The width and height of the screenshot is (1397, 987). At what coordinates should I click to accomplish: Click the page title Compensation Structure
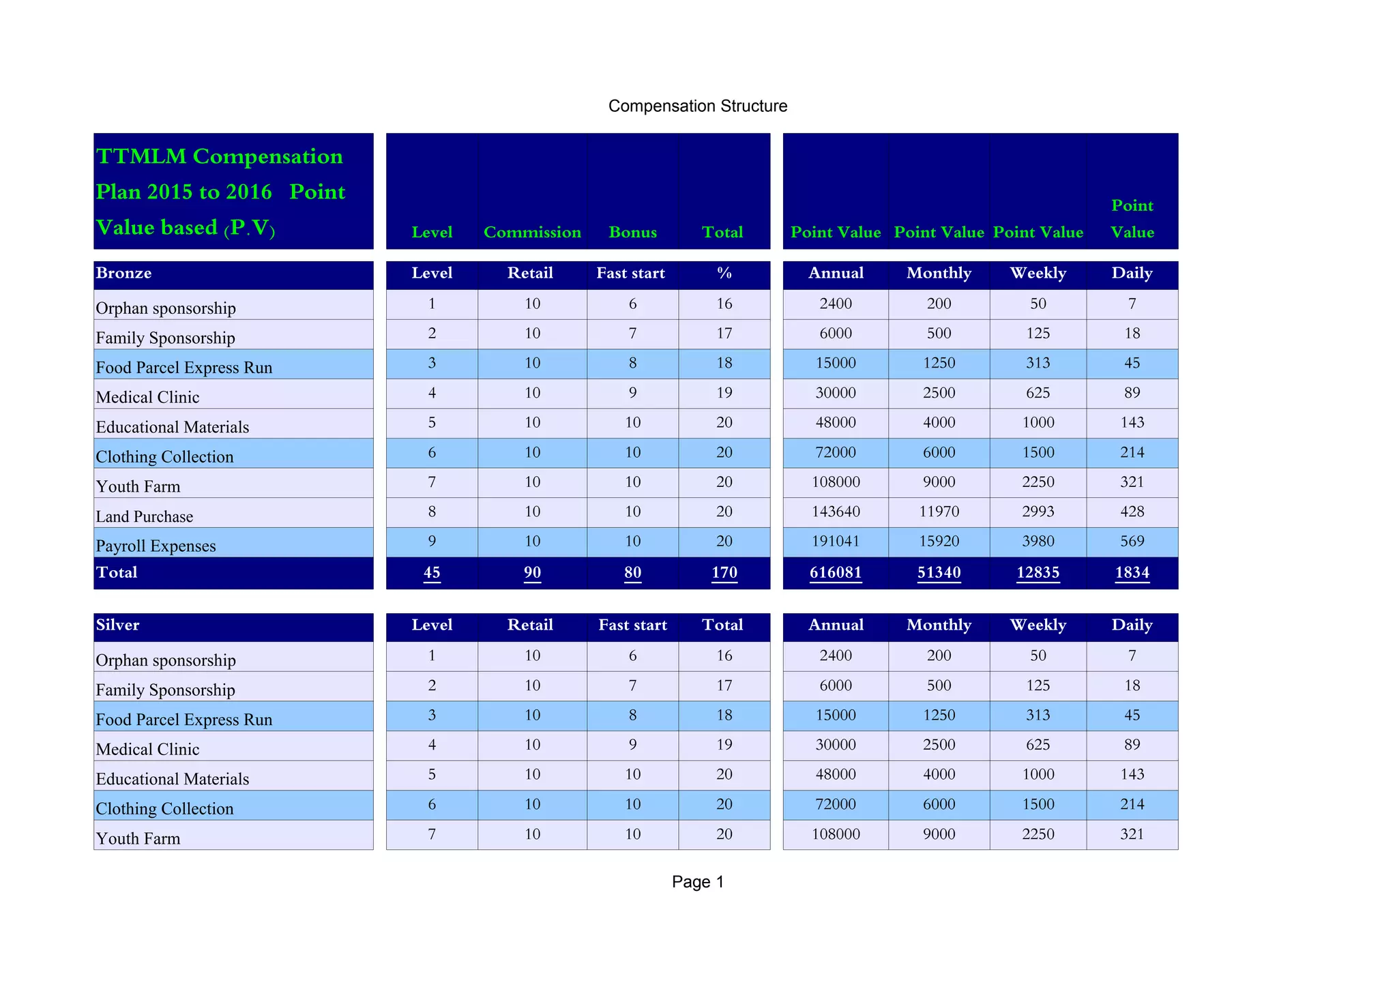(x=697, y=106)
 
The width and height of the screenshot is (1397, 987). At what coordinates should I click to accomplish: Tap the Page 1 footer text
(x=697, y=881)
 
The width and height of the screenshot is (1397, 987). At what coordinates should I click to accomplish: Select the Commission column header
(x=532, y=232)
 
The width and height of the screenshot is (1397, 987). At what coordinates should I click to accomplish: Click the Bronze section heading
(x=123, y=273)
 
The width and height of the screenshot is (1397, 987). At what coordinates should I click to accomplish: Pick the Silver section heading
(x=117, y=625)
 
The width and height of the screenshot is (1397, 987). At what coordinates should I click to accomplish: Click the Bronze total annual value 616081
(x=836, y=572)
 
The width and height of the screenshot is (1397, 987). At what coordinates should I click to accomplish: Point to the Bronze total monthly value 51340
(x=939, y=572)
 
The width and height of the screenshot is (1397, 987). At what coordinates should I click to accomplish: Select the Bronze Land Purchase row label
(x=145, y=516)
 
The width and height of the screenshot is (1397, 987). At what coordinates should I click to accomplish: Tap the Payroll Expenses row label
(x=156, y=546)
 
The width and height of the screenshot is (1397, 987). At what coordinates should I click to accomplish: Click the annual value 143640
(x=836, y=512)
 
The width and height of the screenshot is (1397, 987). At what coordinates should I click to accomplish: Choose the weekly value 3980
(x=1038, y=541)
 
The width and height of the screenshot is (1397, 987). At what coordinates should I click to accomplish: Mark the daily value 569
(x=1132, y=541)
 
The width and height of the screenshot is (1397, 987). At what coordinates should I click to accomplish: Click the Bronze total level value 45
(x=432, y=572)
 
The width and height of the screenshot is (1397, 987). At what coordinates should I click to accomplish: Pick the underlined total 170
(x=724, y=572)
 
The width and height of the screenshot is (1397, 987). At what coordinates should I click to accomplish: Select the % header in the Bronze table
(x=724, y=273)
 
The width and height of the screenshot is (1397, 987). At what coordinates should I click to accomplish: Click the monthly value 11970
(x=939, y=512)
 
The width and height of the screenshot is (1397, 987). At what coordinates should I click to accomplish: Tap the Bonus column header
(x=632, y=232)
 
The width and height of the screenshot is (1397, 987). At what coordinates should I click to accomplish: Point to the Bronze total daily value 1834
(x=1132, y=572)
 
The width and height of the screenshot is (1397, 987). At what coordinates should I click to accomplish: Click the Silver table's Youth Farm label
(x=138, y=838)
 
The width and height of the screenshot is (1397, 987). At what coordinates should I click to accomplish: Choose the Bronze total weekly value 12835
(x=1038, y=572)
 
